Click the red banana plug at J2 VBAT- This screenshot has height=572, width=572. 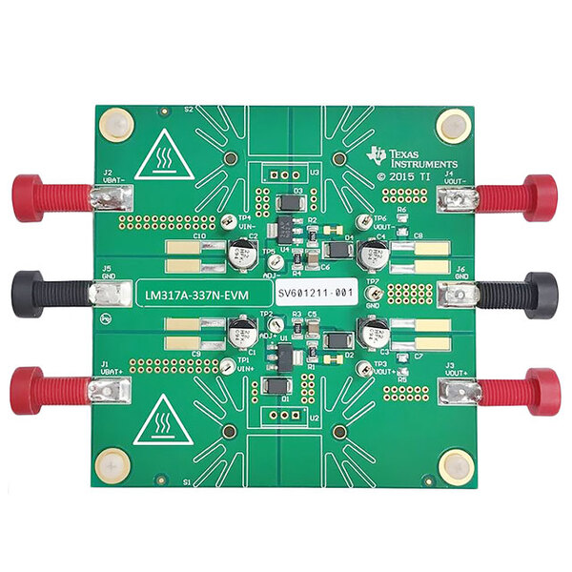[43, 196]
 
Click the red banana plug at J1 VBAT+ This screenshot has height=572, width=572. [43, 391]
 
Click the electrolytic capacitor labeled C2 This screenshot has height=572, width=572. [240, 255]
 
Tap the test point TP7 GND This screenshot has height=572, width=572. [375, 296]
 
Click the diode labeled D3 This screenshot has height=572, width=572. [286, 204]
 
